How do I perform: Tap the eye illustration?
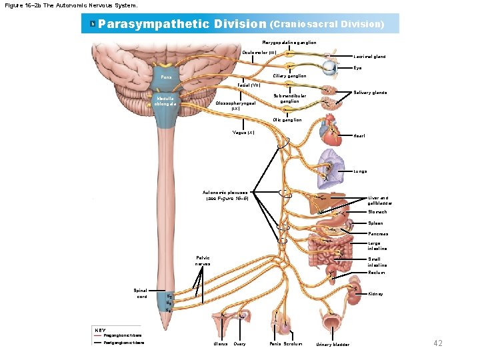330,67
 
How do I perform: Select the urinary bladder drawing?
332,325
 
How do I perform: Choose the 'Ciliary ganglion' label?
290,76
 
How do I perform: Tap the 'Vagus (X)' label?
243,133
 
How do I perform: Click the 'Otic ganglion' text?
287,120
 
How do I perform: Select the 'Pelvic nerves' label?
203,261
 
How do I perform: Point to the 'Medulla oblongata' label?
165,101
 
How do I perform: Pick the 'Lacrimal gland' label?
369,57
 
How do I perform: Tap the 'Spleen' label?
376,223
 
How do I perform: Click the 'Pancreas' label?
378,234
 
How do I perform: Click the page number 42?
438,343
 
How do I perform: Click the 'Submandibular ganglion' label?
290,99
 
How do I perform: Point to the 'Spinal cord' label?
141,294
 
